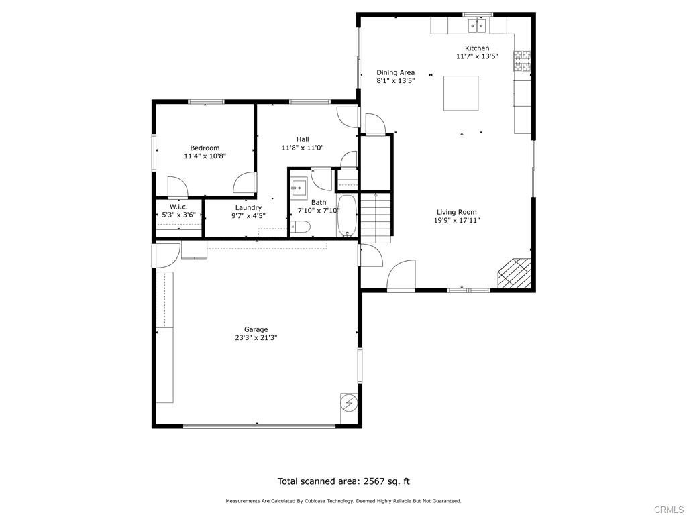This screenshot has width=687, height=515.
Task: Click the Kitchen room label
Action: pos(477,48)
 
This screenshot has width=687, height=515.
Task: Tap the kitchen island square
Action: pos(461,93)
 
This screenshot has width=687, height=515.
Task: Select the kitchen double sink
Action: pos(477,26)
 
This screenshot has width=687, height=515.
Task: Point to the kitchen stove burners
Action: pos(522,62)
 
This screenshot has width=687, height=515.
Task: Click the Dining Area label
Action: pos(395,72)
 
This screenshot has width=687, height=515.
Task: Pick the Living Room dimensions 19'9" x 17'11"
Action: pos(457,220)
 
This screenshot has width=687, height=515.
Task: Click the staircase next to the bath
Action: pos(376,218)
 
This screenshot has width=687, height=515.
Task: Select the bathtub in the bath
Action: pos(347,215)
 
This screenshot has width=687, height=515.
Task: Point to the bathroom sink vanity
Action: pos(299,187)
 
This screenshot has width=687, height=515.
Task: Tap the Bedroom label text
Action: pos(205,148)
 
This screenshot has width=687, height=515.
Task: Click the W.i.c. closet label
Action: pos(178,207)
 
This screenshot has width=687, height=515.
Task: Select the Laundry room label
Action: pos(248,208)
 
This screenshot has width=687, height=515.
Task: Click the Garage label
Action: pos(256,329)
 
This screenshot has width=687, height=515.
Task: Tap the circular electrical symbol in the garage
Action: pos(349,403)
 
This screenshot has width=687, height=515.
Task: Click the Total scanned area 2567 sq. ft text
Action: pos(343,481)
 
